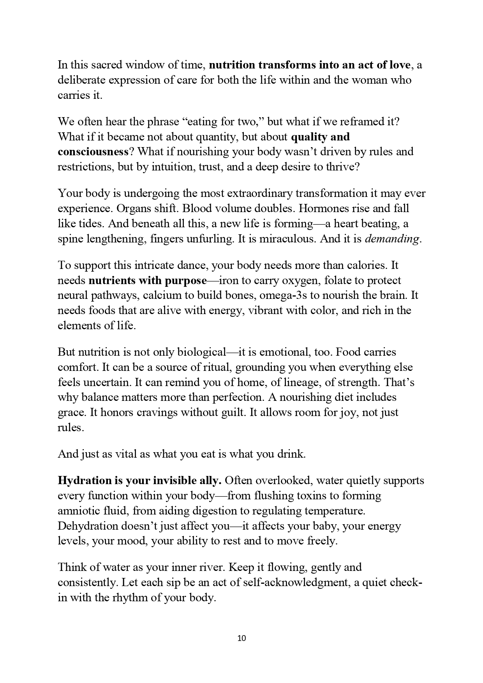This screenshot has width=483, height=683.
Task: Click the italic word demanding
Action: coord(392,239)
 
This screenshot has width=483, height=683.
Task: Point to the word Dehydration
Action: coord(88,526)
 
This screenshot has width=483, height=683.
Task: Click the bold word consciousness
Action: coord(93,151)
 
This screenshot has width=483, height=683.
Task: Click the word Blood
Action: coord(197,209)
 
